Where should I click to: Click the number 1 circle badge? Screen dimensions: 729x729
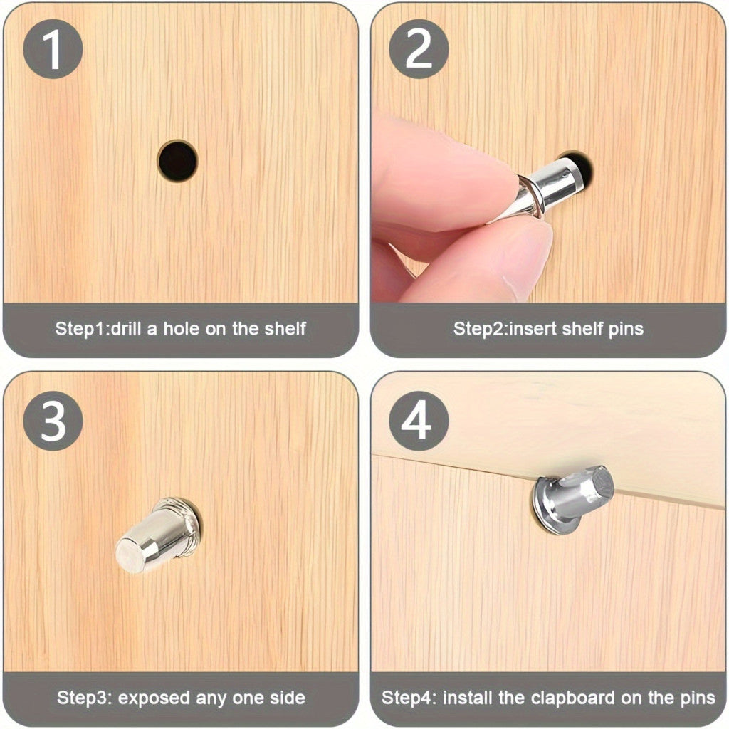click(x=53, y=49)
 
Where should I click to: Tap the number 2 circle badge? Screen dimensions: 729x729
click(x=419, y=49)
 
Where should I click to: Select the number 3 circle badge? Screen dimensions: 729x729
click(x=53, y=421)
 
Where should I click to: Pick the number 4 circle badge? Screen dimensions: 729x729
click(x=419, y=421)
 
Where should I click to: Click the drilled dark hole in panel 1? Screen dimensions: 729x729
click(x=177, y=161)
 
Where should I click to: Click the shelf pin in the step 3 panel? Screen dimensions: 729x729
click(x=159, y=535)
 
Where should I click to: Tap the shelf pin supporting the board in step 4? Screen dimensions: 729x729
click(x=572, y=500)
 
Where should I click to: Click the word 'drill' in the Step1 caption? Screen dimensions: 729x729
click(x=127, y=329)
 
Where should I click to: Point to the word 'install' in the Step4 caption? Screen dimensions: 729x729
click(x=468, y=698)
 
